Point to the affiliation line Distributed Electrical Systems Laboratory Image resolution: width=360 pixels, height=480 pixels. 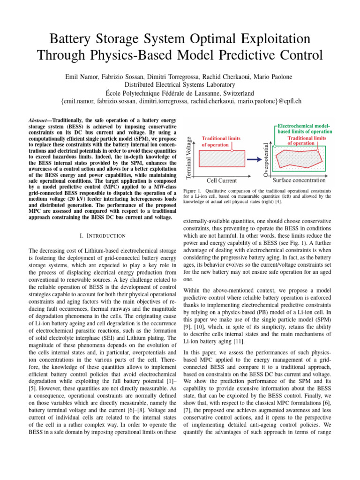click(x=180, y=84)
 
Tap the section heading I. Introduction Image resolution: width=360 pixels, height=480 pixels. click(x=102, y=235)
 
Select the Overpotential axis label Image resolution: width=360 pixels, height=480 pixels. click(x=266, y=155)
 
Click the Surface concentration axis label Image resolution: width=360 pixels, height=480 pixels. click(x=299, y=180)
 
